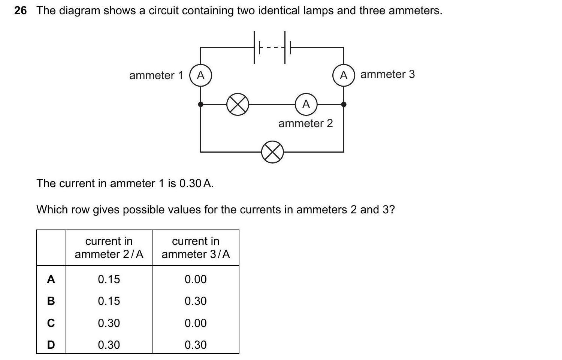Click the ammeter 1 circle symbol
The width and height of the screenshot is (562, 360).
pos(201,75)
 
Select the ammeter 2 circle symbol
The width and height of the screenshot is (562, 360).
pos(306,104)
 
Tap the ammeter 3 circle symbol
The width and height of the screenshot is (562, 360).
pos(344,75)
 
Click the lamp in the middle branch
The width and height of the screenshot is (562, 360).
pos(238,104)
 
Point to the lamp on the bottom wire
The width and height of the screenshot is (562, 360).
pos(272,152)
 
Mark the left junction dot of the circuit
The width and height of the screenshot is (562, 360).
pos(201,104)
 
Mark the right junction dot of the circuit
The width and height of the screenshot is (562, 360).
pos(344,104)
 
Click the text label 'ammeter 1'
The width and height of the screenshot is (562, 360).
pos(156,75)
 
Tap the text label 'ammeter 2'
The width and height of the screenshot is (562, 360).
pos(305,123)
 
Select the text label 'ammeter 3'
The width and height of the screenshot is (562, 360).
pos(387,74)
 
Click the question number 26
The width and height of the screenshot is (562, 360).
pos(21,10)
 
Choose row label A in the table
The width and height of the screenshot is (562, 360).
pos(51,279)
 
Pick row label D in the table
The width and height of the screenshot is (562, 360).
pos(51,345)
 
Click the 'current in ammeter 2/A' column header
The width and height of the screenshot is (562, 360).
pos(109,247)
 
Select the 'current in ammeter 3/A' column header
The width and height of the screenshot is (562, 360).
pos(196,247)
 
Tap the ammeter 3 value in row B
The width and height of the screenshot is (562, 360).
pos(196,301)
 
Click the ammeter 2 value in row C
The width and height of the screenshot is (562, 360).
pos(109,323)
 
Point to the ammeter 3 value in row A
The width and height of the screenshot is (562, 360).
pos(196,279)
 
